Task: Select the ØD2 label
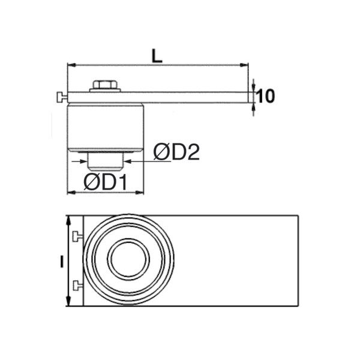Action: (175, 152)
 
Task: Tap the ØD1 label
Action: (106, 182)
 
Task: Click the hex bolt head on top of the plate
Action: (106, 84)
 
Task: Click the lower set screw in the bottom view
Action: (77, 284)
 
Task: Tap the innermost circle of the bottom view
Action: (128, 260)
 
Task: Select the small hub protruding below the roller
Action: (106, 160)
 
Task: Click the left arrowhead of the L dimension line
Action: (70, 64)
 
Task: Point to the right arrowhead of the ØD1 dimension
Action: (143, 193)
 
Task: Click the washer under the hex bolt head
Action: (106, 90)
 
